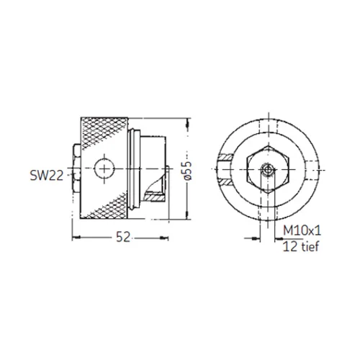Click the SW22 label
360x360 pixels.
[x=47, y=176]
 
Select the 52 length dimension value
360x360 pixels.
[x=123, y=237]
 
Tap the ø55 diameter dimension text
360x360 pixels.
[x=187, y=170]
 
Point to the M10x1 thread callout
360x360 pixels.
[x=302, y=231]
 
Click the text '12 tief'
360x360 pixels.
[x=301, y=246]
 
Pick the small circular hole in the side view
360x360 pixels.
[x=104, y=168]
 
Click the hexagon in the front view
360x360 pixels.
[x=269, y=169]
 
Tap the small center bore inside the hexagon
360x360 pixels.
[x=268, y=170]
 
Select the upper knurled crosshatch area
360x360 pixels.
[x=104, y=131]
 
